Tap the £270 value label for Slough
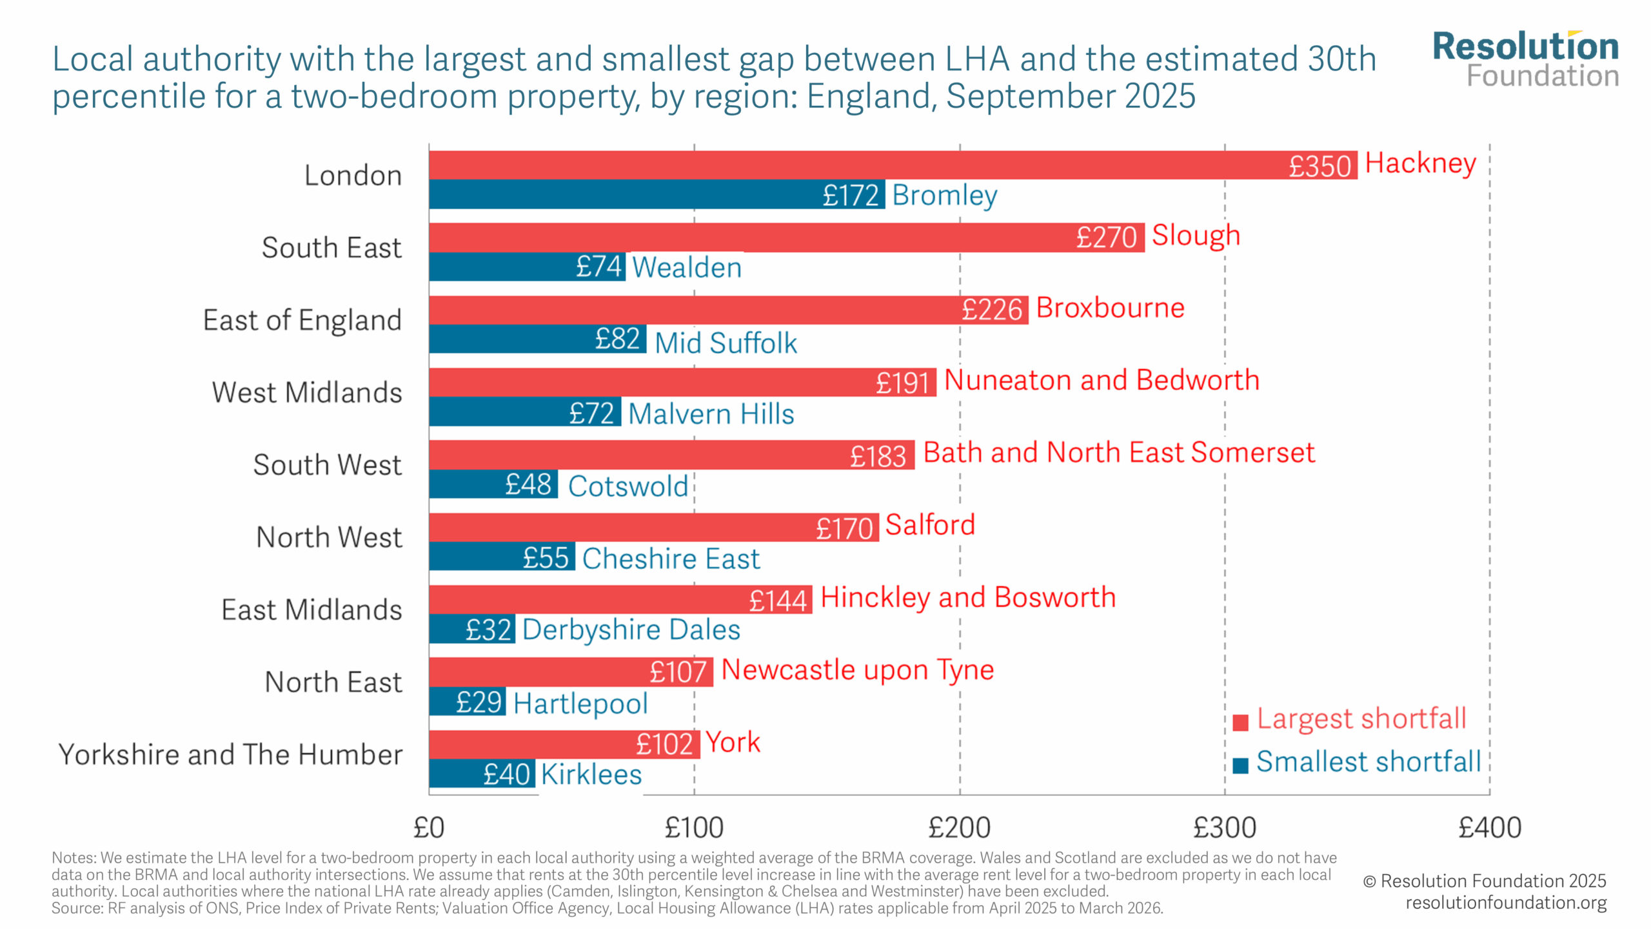tap(1106, 237)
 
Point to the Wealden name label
tap(687, 267)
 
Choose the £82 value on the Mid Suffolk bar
tap(617, 339)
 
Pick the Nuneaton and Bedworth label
tap(1102, 380)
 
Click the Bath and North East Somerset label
tap(1119, 452)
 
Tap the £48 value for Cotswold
tap(528, 484)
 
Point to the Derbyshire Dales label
tap(631, 630)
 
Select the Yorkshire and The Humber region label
tap(230, 754)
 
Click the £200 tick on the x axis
tap(960, 828)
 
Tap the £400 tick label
tap(1490, 828)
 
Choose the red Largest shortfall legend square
tap(1240, 723)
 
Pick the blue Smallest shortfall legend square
tap(1240, 765)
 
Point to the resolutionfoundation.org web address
tap(1506, 903)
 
